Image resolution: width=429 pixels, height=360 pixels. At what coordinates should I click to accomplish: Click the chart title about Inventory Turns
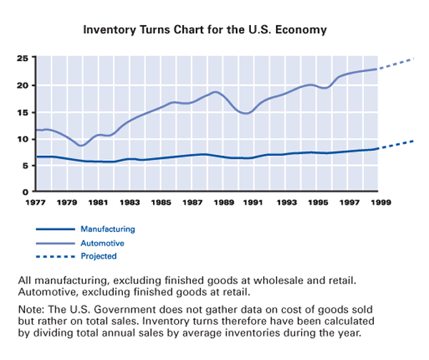(x=205, y=31)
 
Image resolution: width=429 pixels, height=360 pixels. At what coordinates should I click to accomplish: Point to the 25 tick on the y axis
(x=24, y=58)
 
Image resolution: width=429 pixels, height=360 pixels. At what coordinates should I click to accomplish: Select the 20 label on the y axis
(x=24, y=85)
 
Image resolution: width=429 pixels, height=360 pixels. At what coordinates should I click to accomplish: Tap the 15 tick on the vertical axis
(x=24, y=112)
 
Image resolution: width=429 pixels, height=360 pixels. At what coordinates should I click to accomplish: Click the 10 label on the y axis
(x=24, y=139)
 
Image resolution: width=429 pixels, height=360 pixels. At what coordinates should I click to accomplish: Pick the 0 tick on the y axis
(x=26, y=192)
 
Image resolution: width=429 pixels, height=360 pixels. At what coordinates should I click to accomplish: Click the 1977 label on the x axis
(x=36, y=203)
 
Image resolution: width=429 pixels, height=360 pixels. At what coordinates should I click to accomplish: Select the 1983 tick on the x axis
(x=130, y=203)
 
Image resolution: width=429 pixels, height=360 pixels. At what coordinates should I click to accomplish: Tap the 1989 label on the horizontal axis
(x=224, y=203)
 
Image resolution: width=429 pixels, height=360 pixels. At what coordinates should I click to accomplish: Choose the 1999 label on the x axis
(x=381, y=203)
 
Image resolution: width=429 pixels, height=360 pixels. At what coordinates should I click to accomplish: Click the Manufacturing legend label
(x=108, y=229)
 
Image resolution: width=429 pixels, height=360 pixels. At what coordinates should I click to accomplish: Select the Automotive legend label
(x=102, y=243)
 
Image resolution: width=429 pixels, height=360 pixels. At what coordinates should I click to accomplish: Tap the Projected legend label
(x=99, y=256)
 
